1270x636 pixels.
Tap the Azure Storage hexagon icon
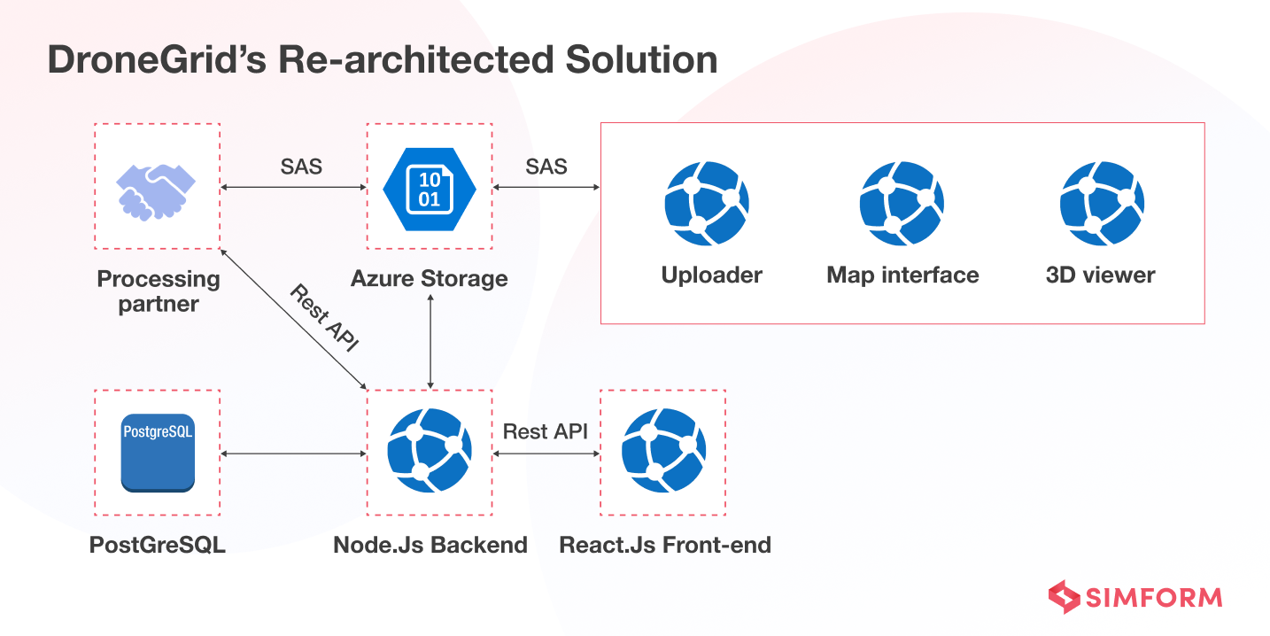tap(430, 187)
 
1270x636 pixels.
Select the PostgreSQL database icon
tap(158, 453)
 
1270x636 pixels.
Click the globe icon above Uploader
tap(707, 203)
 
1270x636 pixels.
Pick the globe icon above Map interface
tap(902, 203)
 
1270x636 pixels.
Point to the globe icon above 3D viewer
tap(1102, 203)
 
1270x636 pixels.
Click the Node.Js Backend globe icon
tap(430, 451)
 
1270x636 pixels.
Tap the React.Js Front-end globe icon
tap(663, 451)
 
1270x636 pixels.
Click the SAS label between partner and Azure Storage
tap(301, 166)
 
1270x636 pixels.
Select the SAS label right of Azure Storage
tap(546, 166)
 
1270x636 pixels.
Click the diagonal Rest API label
tap(324, 319)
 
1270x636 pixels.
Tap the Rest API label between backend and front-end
tap(546, 431)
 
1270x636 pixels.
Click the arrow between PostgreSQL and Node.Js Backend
tap(293, 454)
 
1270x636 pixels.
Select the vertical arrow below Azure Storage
tap(430, 341)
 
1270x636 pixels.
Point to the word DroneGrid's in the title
tap(156, 60)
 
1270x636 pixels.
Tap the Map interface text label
tap(902, 275)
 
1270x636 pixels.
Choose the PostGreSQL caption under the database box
tap(158, 545)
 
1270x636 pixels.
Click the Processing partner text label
tap(159, 291)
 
